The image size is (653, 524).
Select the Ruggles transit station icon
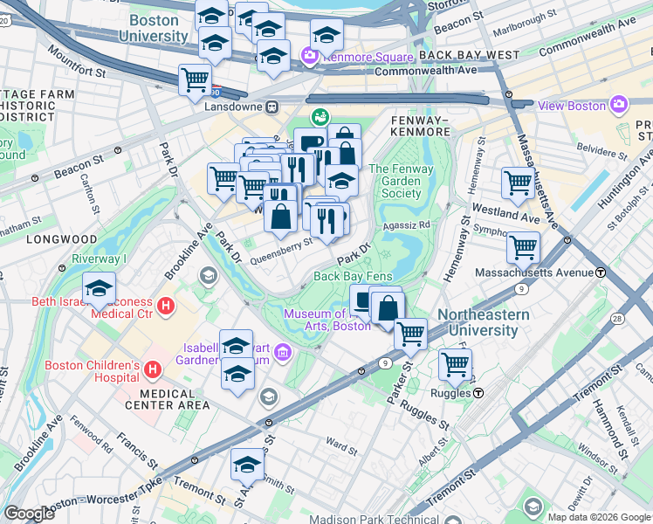(478, 393)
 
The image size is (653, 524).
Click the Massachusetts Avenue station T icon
(601, 272)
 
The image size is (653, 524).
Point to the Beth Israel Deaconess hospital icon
(164, 307)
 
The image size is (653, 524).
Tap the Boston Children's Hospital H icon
(153, 369)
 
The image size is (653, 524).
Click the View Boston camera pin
(618, 105)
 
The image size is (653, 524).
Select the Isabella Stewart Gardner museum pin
(281, 353)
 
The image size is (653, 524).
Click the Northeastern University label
(478, 322)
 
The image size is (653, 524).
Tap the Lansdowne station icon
(272, 107)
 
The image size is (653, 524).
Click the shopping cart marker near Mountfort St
(195, 79)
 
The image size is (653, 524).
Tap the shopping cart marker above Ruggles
(455, 363)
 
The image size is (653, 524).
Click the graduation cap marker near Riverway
(100, 288)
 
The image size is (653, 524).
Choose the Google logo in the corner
(29, 514)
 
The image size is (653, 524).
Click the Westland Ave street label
(505, 212)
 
